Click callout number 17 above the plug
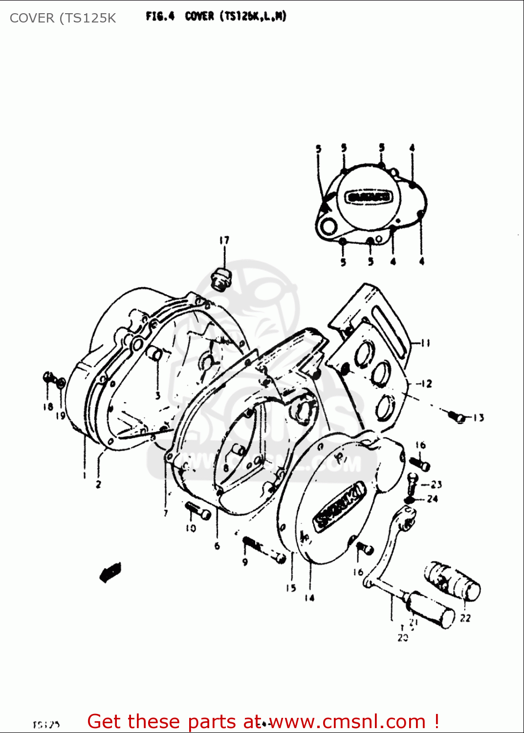tap(224, 240)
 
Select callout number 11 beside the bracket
tap(425, 343)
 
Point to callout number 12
tap(426, 384)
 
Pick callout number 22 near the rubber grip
tap(465, 618)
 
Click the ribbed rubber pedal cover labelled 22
tap(452, 581)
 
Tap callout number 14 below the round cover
tap(309, 597)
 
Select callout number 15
tap(291, 588)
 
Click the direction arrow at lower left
tap(110, 572)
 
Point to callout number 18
tap(48, 407)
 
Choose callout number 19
tap(60, 416)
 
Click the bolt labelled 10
tap(198, 511)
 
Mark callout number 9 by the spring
tap(245, 562)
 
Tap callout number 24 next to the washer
tap(432, 499)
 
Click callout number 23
tap(436, 484)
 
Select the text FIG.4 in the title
tap(160, 16)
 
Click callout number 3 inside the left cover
tap(158, 395)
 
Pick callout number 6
tap(217, 546)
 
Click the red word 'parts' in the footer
tap(212, 722)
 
